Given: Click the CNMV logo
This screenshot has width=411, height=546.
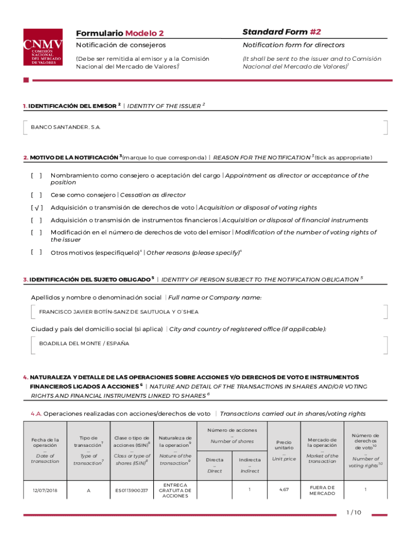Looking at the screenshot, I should pos(43,47).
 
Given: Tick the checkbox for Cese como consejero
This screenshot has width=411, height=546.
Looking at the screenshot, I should pos(36,195).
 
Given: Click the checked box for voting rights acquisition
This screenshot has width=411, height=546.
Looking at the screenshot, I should pos(36,207).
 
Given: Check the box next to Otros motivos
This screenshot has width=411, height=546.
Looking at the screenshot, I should pos(36,252).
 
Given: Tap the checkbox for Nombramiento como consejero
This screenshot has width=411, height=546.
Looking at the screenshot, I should pos(36,175).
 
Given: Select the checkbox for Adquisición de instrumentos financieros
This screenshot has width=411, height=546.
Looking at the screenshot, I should pos(36,220).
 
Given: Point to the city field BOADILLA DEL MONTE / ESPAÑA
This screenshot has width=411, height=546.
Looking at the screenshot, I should pos(84,343).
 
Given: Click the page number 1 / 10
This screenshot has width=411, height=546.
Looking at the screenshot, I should pos(353,513).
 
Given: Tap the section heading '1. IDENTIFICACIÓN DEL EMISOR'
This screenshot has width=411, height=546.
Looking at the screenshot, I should pos(70,106).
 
